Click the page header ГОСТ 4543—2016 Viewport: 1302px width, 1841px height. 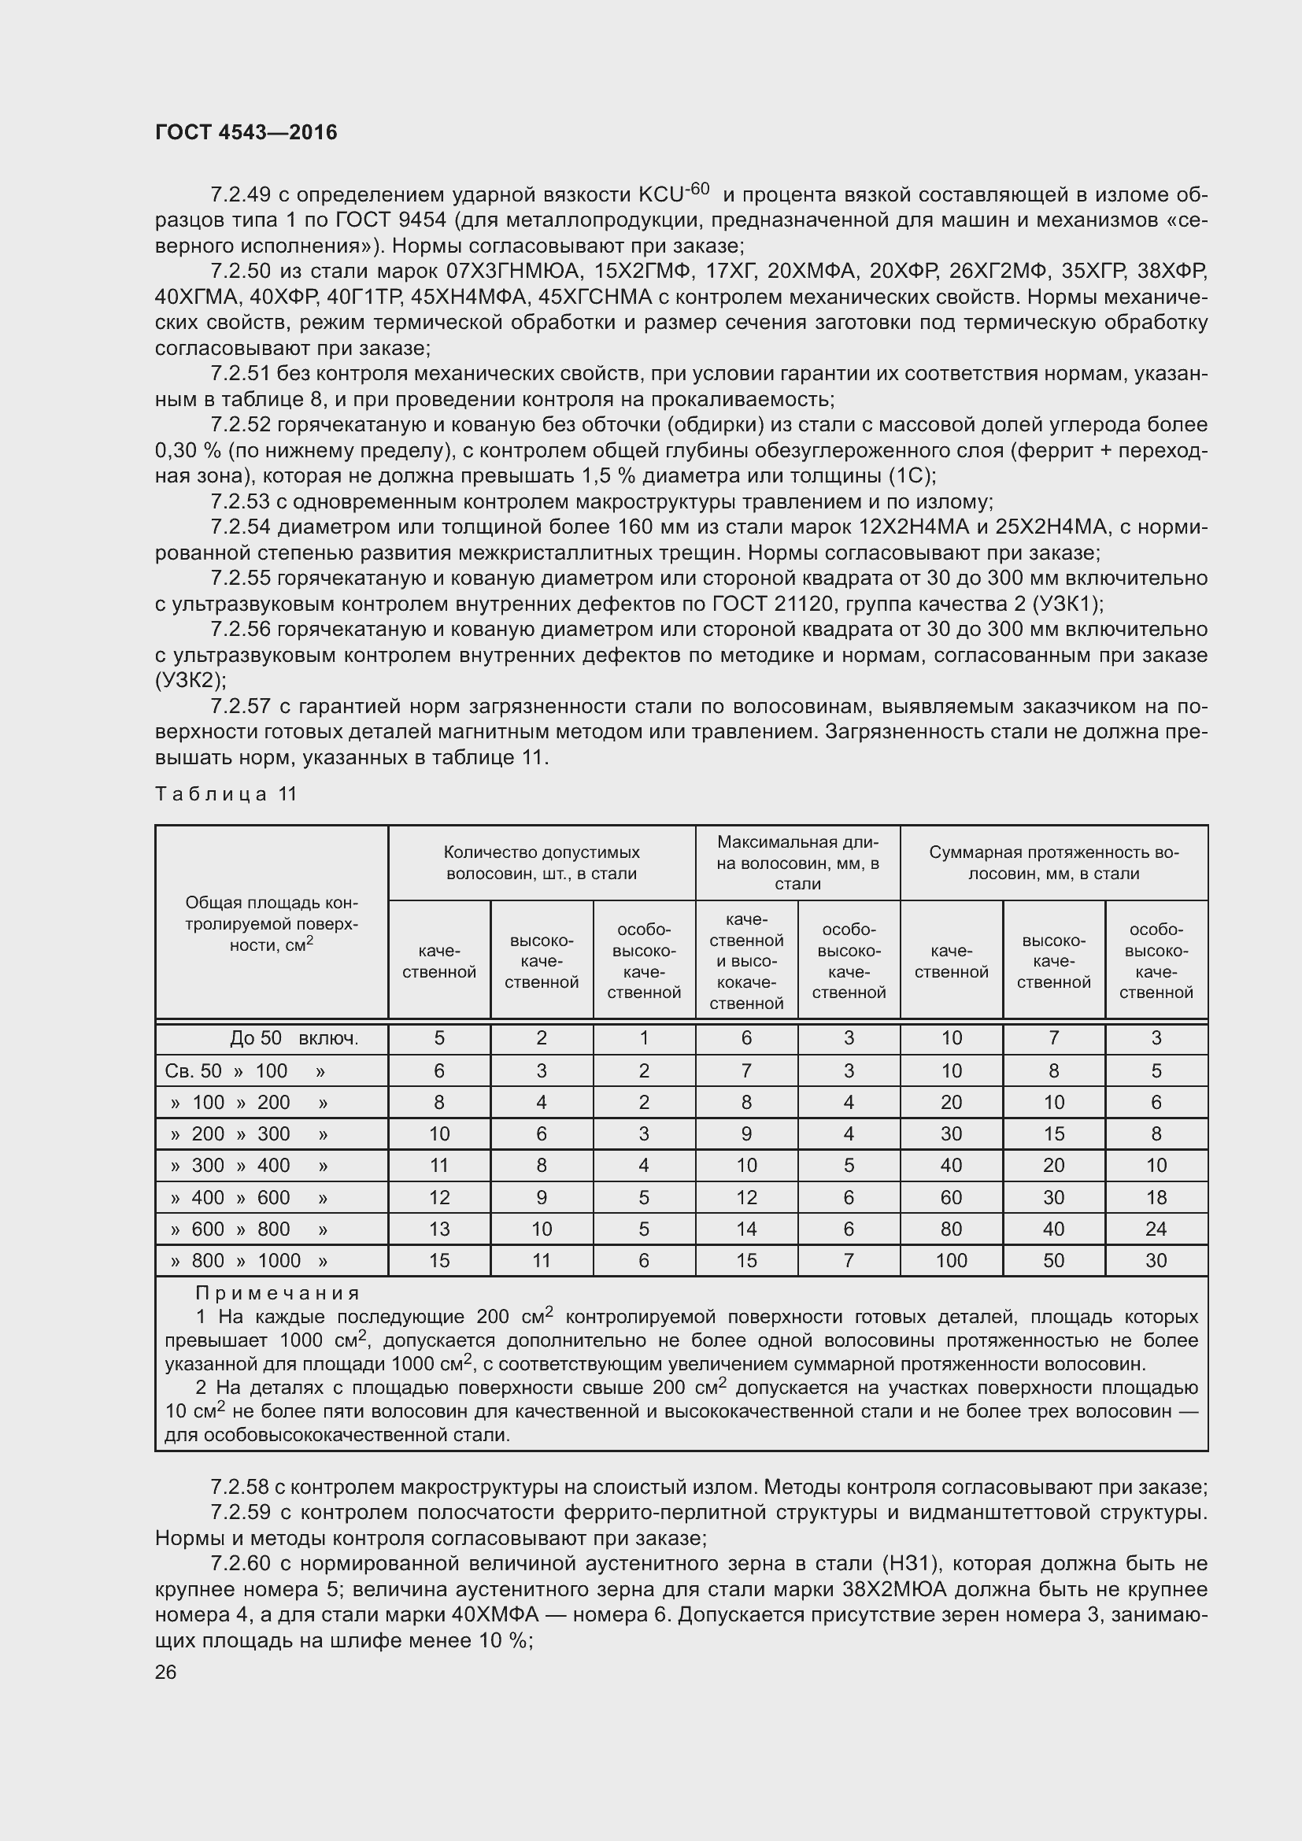[x=246, y=132]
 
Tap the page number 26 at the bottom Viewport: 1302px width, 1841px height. [x=166, y=1672]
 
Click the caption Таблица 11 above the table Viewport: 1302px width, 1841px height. [x=226, y=794]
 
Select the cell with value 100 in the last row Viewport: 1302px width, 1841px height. [x=951, y=1260]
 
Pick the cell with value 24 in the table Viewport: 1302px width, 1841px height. [x=1156, y=1229]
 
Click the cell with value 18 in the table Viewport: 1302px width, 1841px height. [x=1156, y=1197]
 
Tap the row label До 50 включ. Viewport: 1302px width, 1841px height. [x=294, y=1038]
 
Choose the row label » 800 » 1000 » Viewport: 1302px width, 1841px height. [x=250, y=1260]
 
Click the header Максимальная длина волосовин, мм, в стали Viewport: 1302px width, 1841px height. [x=797, y=863]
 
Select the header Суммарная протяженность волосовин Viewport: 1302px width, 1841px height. [x=1053, y=863]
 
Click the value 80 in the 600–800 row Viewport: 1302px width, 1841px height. [x=951, y=1229]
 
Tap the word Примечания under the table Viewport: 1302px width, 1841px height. [x=277, y=1292]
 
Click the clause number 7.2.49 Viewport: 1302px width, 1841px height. [x=241, y=195]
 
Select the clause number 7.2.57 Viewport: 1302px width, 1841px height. [x=241, y=706]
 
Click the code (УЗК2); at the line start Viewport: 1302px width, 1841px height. [x=190, y=681]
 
